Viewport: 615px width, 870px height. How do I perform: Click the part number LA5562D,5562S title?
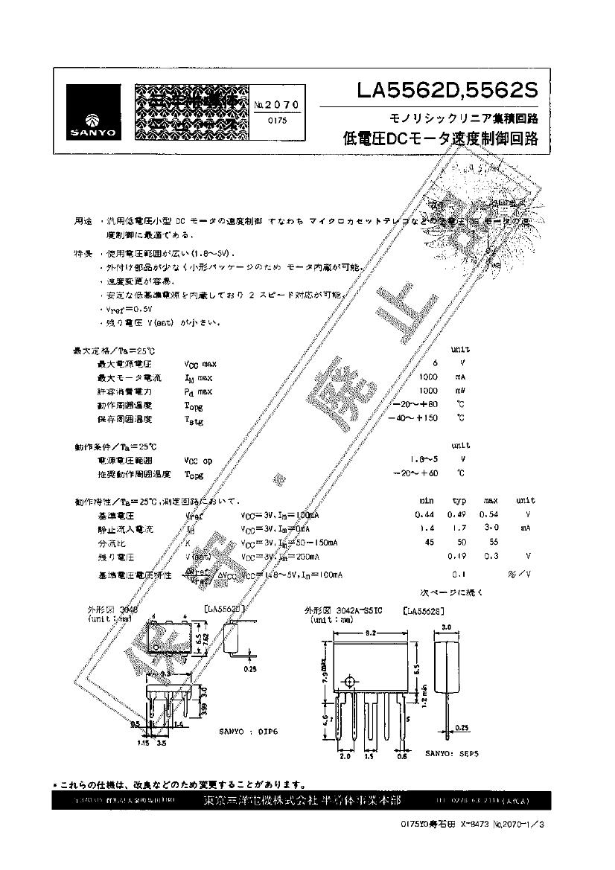(x=447, y=92)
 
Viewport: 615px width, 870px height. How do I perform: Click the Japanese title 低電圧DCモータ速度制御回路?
(x=439, y=139)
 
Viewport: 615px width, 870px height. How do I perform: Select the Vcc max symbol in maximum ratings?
(x=200, y=364)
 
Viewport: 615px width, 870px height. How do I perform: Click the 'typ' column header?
(x=459, y=501)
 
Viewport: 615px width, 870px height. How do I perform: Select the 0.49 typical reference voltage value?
(x=456, y=514)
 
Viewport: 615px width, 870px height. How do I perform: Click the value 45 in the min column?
(x=429, y=542)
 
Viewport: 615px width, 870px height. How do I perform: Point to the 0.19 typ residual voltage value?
(x=456, y=556)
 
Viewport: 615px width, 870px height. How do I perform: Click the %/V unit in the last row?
(x=524, y=575)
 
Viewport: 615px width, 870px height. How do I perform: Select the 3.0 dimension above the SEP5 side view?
(x=446, y=628)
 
